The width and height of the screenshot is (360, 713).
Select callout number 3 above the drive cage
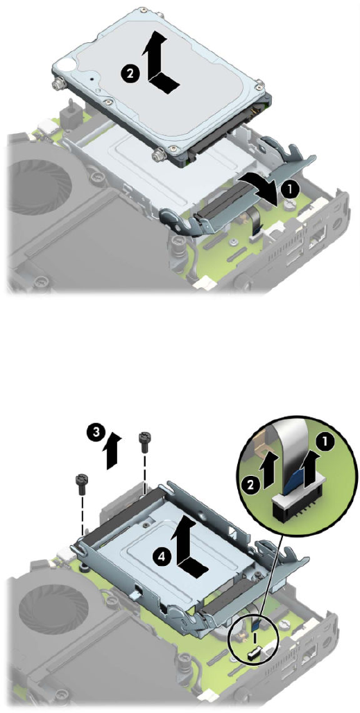click(94, 433)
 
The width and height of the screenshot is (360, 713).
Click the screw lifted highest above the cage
click(144, 441)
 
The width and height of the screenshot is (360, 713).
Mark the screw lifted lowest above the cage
click(81, 484)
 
